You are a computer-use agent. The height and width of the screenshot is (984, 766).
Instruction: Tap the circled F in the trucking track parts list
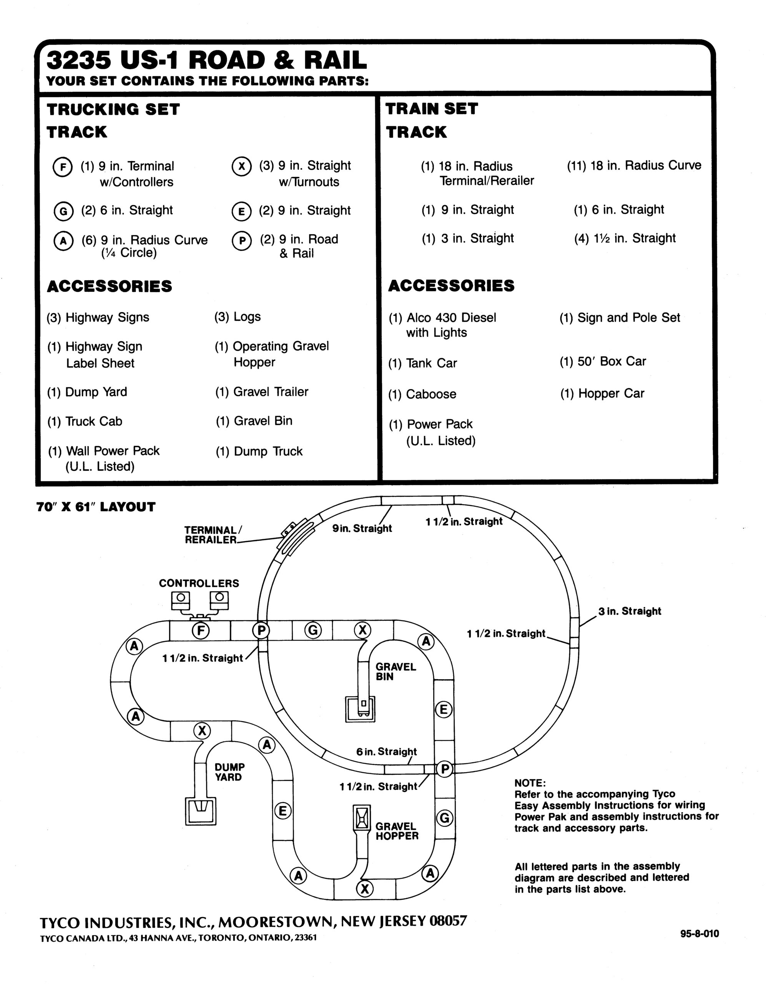[x=63, y=167]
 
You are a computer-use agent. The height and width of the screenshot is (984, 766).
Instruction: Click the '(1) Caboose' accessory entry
[x=422, y=394]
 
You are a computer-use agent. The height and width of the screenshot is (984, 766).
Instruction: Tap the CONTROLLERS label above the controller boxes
[x=199, y=583]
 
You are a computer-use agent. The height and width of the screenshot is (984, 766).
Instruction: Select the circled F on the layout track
[x=201, y=630]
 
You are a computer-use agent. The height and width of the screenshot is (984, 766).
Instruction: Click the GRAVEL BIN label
[x=395, y=672]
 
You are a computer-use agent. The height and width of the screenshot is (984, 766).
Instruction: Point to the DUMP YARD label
[x=229, y=772]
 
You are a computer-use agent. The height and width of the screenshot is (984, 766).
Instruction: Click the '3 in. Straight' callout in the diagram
[x=630, y=612]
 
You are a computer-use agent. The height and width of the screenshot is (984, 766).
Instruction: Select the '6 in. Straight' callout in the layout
[x=387, y=751]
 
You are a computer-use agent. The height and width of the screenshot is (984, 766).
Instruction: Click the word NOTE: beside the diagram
[x=530, y=783]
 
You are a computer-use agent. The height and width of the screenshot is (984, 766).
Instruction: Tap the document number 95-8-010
[x=699, y=934]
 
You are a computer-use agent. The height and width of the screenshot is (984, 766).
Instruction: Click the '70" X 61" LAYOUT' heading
[x=96, y=507]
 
